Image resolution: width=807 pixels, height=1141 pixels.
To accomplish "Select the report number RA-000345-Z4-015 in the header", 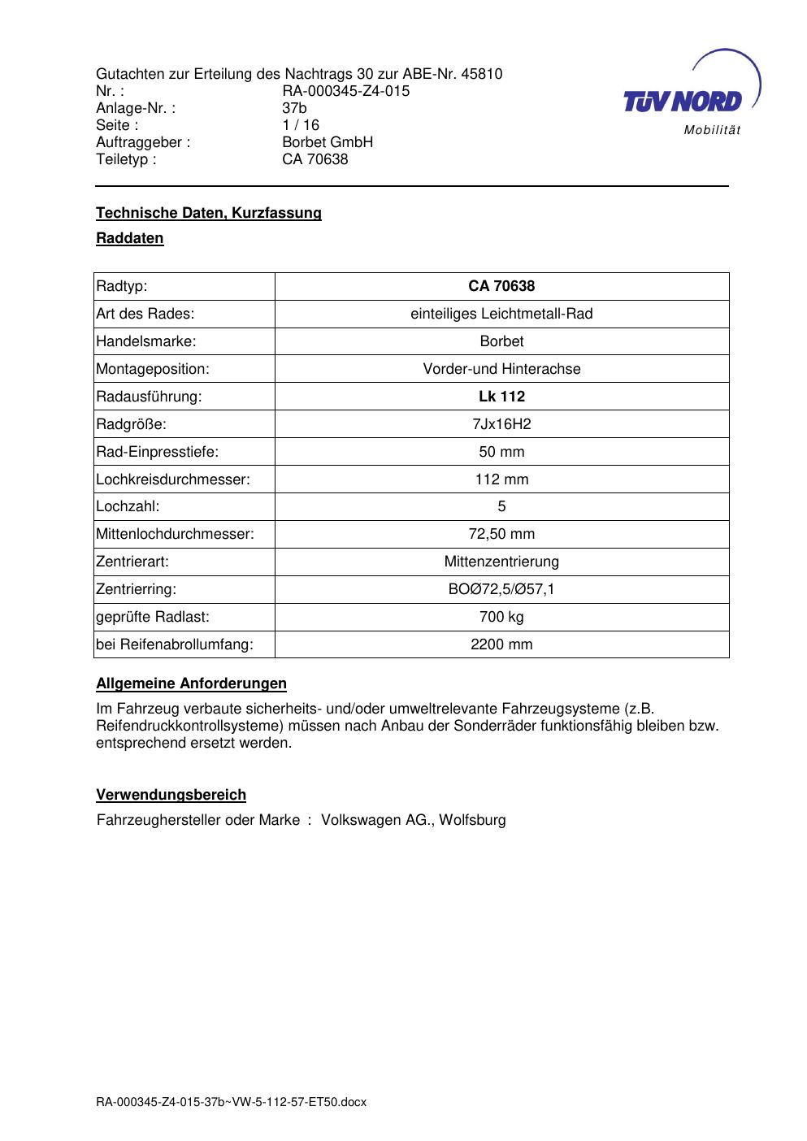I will point(345,91).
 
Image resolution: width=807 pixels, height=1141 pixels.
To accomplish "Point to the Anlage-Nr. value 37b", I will point(294,108).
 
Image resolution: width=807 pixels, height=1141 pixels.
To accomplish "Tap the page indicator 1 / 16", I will point(301,125).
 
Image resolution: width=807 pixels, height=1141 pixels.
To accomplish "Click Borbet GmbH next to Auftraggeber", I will point(328,142).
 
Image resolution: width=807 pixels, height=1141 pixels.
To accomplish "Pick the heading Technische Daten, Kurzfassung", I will point(209,213).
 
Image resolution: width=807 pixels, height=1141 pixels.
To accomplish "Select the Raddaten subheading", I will point(130,238).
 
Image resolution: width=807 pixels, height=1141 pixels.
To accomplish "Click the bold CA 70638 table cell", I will point(501,286).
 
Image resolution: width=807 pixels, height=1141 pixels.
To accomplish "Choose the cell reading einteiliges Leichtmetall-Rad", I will point(501,314).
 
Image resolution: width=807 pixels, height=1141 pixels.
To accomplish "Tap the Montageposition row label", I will point(153,369).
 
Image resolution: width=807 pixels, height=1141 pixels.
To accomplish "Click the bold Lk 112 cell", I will point(501,397).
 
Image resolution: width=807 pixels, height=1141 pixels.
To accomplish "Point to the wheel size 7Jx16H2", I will point(501,424).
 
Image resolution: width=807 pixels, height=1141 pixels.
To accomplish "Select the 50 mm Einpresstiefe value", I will point(501,452).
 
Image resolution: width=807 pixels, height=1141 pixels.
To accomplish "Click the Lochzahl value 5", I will point(501,506).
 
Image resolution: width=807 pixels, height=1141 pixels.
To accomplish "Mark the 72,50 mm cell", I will point(501,534).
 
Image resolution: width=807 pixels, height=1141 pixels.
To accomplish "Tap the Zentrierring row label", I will point(137,589).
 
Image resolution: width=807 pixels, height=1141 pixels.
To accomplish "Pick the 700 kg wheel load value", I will point(501,617).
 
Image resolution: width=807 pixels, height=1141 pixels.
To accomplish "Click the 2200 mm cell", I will point(501,644).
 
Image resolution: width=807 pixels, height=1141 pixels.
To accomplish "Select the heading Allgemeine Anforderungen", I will point(192,683).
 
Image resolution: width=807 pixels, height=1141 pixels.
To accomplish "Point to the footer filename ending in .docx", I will point(232,1102).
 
